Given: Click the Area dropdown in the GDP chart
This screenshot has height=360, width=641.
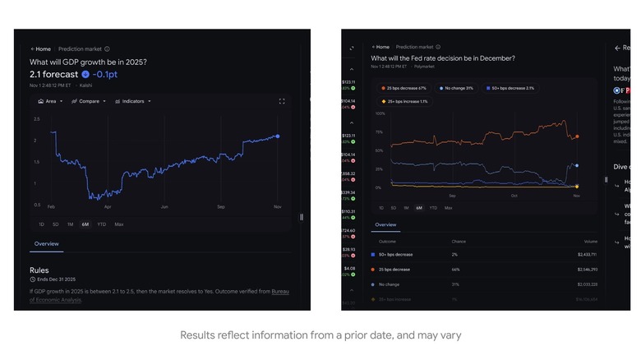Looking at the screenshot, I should point(48,101).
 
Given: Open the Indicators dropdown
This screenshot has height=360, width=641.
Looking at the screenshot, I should point(133,101).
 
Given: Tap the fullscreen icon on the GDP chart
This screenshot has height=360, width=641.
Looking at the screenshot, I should point(282,101).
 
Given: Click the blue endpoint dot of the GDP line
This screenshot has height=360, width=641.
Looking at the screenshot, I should point(278,136).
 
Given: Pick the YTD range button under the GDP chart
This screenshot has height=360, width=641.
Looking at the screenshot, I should point(101,224).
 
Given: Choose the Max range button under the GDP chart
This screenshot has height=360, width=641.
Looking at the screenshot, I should point(119,224).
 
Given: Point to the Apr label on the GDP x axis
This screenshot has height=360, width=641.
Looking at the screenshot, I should point(107,206).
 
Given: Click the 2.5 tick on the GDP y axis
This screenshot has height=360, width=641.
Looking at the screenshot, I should point(36,119).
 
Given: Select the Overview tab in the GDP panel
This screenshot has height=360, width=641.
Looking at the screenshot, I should point(46,243).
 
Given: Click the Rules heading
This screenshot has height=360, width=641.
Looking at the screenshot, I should point(39,270).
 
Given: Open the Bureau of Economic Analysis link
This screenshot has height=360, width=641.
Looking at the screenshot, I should point(280,291).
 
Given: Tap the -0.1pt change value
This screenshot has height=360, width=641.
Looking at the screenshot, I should point(105,74).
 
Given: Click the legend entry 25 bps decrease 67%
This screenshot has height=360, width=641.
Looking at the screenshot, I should point(405,88).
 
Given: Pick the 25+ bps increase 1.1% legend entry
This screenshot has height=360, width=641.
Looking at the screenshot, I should point(405,101).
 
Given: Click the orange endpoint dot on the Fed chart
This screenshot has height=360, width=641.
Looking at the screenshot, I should point(577,136).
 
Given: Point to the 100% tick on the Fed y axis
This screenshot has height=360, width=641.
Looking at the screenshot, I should point(380,113).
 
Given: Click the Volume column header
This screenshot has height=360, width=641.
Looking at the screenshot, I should point(590,242).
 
